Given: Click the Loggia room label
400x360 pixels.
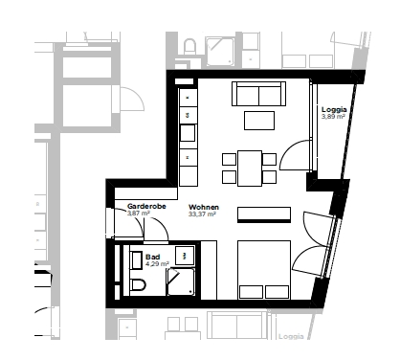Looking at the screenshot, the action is point(334,110).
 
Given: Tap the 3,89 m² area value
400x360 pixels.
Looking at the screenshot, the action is point(333,117).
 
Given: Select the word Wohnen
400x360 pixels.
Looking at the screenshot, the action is point(204,208).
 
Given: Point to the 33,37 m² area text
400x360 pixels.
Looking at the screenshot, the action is point(202,214).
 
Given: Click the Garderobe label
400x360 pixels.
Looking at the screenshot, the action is point(146,206).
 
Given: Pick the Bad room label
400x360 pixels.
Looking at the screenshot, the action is point(153,257).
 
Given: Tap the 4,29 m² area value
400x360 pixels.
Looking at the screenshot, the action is point(157,263).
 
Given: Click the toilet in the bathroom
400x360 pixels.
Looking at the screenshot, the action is point(138,284).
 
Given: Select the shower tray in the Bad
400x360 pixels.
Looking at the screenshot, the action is point(181,281).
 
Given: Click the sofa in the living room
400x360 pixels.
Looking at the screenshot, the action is point(258,94).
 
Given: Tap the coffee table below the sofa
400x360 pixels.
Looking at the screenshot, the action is point(259,121).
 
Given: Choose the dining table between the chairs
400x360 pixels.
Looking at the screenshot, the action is point(250,169).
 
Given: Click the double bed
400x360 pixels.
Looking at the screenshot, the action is point(264,270).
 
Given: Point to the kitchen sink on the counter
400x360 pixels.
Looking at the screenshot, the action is point(188,133).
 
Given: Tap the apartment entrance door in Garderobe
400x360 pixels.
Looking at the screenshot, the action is point(127,222).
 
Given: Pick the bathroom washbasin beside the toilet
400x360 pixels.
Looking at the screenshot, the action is point(136,260).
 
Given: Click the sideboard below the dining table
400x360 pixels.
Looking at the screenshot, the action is point(264,214).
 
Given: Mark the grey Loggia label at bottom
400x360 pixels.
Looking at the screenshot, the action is point(291,336).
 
